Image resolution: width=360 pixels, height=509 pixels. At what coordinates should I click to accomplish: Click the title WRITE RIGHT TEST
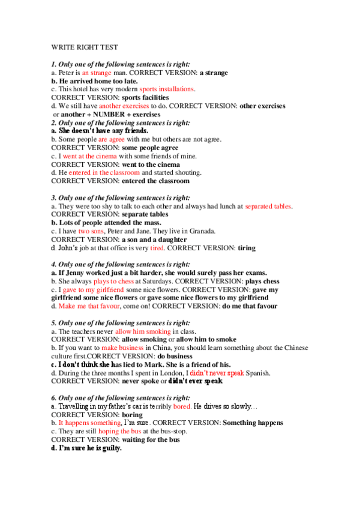pos(85,46)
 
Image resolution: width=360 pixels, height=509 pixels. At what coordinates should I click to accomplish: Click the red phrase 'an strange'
pos(97,73)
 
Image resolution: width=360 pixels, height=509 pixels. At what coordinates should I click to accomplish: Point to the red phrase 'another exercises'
pos(128,106)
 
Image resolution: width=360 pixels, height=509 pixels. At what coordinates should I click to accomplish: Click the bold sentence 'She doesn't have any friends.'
pos(100,130)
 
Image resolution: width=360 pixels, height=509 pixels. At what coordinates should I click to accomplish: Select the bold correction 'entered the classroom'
pos(155,181)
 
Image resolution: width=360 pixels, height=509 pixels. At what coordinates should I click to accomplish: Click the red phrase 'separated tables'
pos(268,206)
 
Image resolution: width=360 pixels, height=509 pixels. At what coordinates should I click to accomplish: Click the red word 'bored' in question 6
pos(182,406)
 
